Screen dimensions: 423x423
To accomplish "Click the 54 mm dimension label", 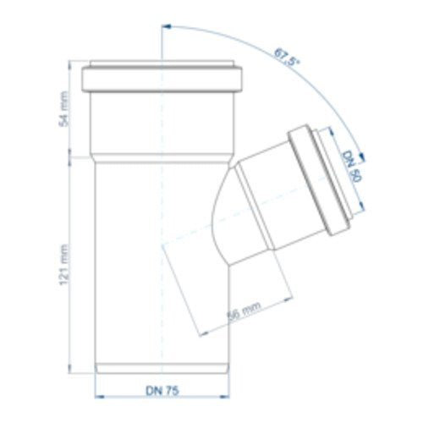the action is [64, 109].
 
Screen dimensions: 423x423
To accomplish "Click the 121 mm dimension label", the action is [64, 265].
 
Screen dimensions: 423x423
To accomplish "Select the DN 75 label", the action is [162, 391].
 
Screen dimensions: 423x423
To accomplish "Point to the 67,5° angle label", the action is [286, 58].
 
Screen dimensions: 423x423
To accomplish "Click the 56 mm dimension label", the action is [244, 312].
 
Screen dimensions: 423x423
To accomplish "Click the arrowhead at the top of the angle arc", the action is [168, 26].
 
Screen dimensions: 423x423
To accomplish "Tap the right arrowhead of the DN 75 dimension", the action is [225, 397].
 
